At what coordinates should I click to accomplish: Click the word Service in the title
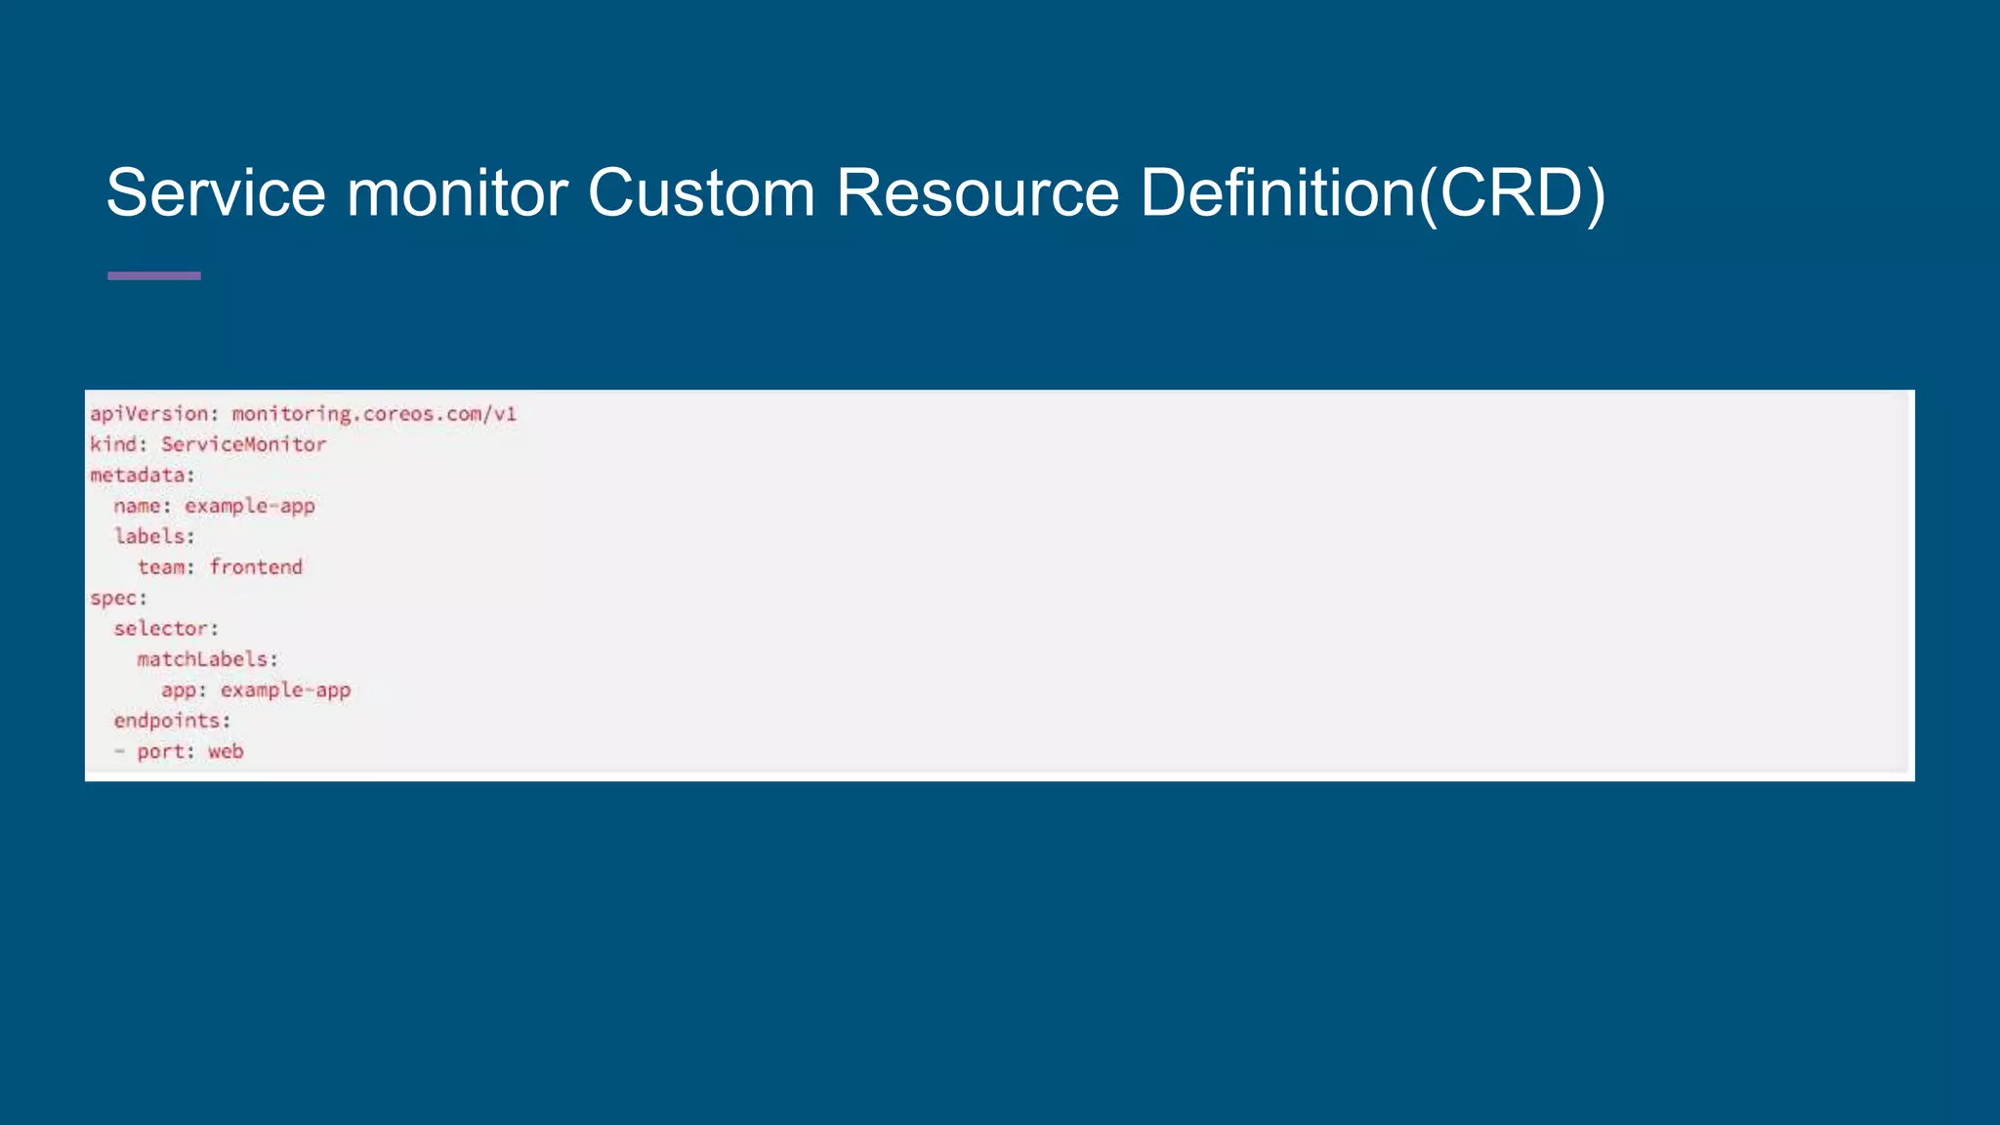[x=215, y=192]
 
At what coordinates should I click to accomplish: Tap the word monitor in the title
[x=456, y=192]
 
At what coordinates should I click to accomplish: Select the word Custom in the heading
[x=700, y=192]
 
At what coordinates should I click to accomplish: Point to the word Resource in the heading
[x=977, y=192]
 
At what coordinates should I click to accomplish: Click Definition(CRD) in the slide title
[x=1372, y=192]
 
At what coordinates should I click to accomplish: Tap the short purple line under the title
[x=154, y=276]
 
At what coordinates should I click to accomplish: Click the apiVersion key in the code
[x=149, y=414]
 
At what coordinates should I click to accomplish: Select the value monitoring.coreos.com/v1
[x=374, y=414]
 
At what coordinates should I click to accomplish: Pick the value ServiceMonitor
[x=243, y=444]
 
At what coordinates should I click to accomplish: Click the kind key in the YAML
[x=113, y=444]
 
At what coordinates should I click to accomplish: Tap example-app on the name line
[x=250, y=506]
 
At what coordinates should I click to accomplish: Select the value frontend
[x=256, y=567]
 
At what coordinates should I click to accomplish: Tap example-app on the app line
[x=285, y=690]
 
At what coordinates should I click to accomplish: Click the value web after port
[x=226, y=752]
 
